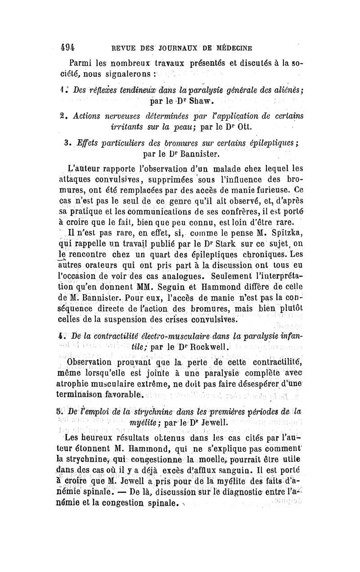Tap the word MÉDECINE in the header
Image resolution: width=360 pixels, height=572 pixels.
click(x=230, y=46)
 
